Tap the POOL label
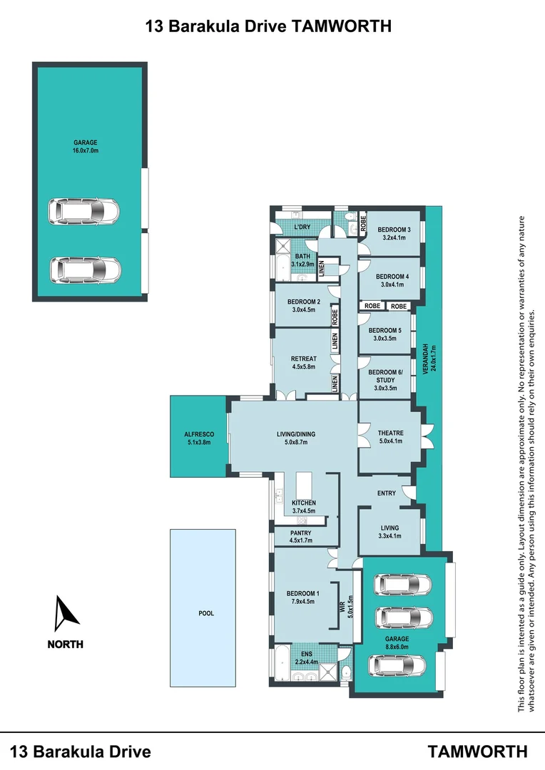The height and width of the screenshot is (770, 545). pos(205,613)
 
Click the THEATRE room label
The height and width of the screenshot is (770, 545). pos(390,433)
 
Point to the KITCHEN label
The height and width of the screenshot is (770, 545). pos(303,503)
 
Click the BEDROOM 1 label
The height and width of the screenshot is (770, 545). pos(302,593)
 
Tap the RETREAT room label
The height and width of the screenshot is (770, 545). pos(303,359)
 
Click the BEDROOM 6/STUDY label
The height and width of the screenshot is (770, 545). pos(385,377)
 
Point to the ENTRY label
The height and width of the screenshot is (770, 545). pos(386,493)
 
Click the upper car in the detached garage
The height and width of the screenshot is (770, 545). pos(85,211)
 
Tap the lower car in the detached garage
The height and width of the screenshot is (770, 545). pos(85,269)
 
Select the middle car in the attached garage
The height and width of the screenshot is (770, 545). pos(404,616)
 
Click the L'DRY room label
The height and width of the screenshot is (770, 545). pos(302,227)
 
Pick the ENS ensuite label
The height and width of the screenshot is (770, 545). pos(306,653)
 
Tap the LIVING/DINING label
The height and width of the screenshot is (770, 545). pos(296,433)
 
